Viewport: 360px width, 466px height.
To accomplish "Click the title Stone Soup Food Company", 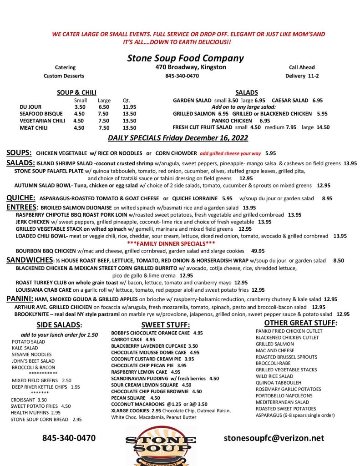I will pyautogui.click(x=185, y=58).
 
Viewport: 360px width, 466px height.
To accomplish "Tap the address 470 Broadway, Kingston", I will pyautogui.click(x=191, y=67).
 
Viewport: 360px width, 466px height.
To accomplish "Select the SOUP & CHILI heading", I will pyautogui.click(x=76, y=93).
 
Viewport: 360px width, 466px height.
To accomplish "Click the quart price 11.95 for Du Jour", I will pyautogui.click(x=130, y=107).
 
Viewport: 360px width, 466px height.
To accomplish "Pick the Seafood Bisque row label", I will pyautogui.click(x=39, y=114).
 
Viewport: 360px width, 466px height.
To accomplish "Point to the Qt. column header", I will pyautogui.click(x=126, y=101).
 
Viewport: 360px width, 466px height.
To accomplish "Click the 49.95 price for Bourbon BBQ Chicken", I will pyautogui.click(x=258, y=251).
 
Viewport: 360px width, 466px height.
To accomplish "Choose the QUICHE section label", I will pyautogui.click(x=21, y=198).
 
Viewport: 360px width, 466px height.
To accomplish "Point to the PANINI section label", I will pyautogui.click(x=20, y=299).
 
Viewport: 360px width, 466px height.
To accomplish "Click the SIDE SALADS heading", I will pyautogui.click(x=59, y=325).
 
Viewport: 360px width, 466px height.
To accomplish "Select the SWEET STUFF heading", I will pyautogui.click(x=165, y=325).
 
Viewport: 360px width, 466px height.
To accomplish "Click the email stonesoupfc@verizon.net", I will pyautogui.click(x=274, y=438).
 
